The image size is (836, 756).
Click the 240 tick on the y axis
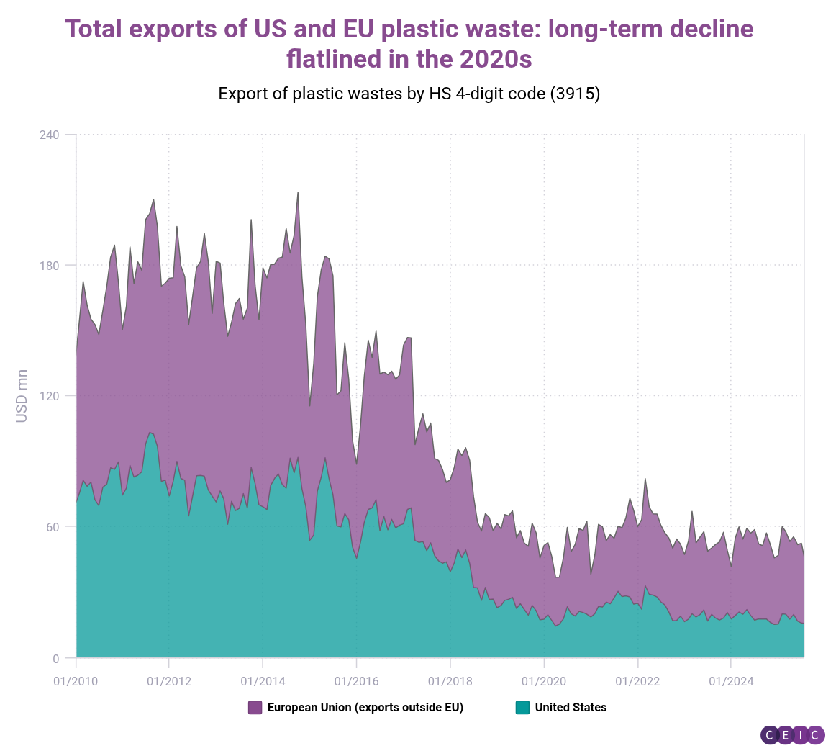(49, 135)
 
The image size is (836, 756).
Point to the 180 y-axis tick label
(49, 266)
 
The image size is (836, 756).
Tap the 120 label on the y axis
(49, 396)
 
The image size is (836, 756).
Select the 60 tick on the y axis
(53, 527)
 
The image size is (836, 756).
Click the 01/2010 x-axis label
(76, 681)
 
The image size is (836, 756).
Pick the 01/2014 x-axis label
(263, 681)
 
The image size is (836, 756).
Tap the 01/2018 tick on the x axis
(450, 681)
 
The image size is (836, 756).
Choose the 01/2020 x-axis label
(544, 681)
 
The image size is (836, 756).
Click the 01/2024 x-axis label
(731, 681)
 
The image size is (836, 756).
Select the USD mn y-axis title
(22, 396)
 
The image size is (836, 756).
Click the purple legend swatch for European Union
(255, 708)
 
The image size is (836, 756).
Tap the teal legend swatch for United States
(522, 708)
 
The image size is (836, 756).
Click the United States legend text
(571, 708)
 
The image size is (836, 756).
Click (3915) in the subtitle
(575, 94)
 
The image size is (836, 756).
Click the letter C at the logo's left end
(769, 735)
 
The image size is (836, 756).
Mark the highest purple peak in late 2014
(298, 193)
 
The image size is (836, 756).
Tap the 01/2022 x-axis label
(637, 681)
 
